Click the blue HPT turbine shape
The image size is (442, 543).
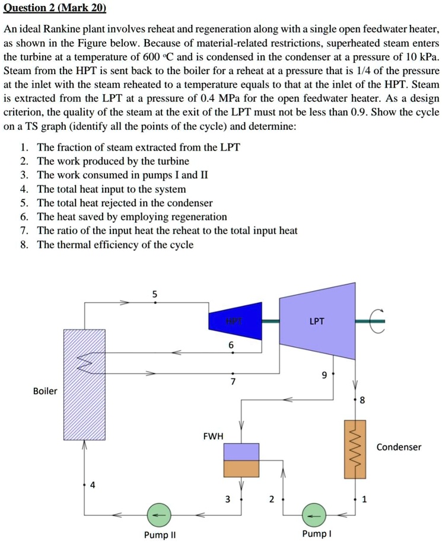(x=236, y=321)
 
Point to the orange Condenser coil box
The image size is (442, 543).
(x=356, y=449)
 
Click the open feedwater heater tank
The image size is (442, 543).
(x=241, y=460)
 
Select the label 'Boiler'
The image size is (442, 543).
(x=45, y=391)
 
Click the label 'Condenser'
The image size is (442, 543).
(x=399, y=447)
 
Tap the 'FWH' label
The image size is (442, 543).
(x=213, y=436)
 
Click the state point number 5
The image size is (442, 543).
(x=155, y=293)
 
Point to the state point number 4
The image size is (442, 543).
(x=92, y=485)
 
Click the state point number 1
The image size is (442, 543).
(x=364, y=499)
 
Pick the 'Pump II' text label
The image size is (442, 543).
(x=160, y=535)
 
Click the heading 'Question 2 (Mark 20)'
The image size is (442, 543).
(x=55, y=8)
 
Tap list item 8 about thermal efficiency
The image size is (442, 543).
(x=115, y=245)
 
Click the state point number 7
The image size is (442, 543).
(x=233, y=382)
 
